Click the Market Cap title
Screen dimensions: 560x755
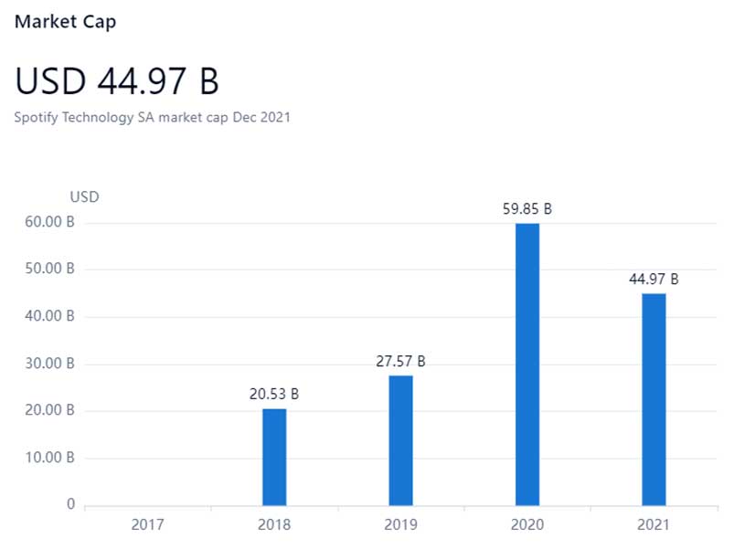pos(65,21)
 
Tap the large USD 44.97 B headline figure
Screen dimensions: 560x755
pos(117,82)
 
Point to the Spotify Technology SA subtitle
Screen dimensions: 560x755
pos(153,117)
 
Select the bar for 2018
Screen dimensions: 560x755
pos(274,456)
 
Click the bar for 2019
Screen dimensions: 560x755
pos(400,439)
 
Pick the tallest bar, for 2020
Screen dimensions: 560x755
pos(527,364)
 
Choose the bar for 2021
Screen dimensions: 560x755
pos(654,398)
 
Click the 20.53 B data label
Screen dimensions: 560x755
pos(274,395)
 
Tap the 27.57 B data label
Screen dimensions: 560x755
pos(400,362)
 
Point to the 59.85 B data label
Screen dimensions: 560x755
pos(527,209)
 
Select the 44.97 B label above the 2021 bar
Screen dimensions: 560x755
pos(654,280)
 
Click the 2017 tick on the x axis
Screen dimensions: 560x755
pos(148,525)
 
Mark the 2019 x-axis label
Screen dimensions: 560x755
pos(400,525)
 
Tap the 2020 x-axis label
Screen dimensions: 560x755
pos(527,525)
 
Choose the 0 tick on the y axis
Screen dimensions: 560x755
pos(70,504)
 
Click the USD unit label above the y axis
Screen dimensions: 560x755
pos(84,196)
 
